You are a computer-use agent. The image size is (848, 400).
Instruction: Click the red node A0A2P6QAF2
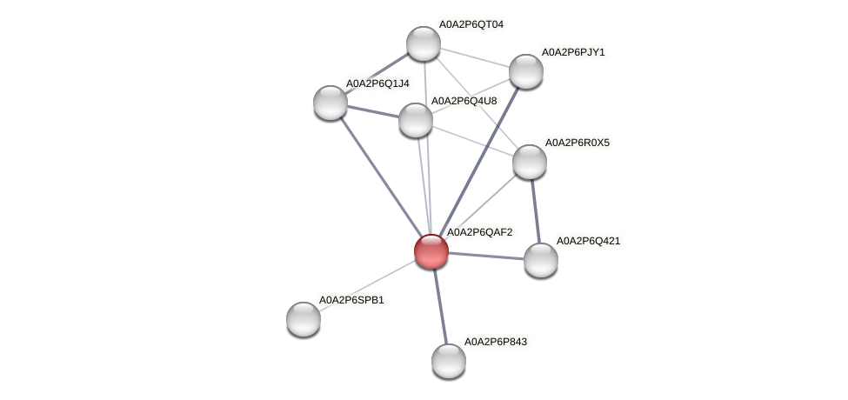(x=431, y=251)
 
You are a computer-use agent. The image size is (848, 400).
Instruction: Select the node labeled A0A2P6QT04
(x=424, y=43)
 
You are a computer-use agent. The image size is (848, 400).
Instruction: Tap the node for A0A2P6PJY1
(x=525, y=70)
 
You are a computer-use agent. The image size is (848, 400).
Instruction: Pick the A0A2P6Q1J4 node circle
(x=331, y=102)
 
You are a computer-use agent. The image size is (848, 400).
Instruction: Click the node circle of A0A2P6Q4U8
(x=416, y=119)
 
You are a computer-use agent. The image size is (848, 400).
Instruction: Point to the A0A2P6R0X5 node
(x=529, y=161)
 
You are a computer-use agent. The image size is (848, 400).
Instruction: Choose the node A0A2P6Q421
(x=540, y=259)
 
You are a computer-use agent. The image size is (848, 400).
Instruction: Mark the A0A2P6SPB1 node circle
(x=304, y=318)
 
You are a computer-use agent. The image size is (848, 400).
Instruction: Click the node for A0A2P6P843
(x=449, y=360)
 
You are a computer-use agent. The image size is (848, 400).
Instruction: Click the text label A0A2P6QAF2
(x=479, y=232)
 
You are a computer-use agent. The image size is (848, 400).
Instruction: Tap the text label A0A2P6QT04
(x=471, y=24)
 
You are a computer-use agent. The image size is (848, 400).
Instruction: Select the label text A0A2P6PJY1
(x=572, y=52)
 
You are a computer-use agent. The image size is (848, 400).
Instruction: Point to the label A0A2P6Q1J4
(x=377, y=83)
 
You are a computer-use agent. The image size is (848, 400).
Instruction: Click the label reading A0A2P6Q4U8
(x=464, y=101)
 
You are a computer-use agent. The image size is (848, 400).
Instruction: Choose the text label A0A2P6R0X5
(x=578, y=142)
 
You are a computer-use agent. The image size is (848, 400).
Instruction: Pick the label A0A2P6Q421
(x=588, y=240)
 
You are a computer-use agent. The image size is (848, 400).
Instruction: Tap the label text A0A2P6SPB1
(x=351, y=300)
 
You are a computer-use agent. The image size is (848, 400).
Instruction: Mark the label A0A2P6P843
(x=495, y=342)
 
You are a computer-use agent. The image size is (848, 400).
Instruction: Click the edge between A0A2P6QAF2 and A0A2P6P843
(x=440, y=305)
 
